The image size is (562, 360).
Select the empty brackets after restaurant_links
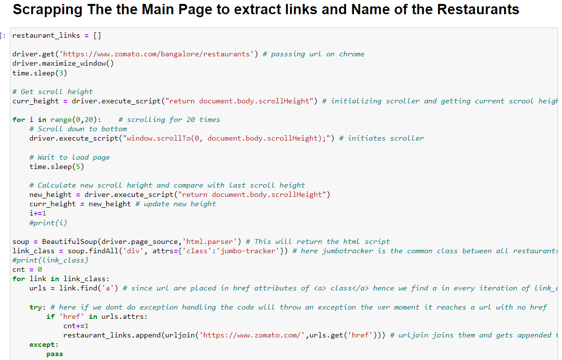pos(97,35)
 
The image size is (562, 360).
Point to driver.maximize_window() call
pos(63,63)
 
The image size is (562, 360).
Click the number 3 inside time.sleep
pos(61,73)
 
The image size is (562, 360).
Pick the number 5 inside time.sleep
pos(78,167)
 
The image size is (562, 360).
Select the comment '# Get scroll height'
pos(52,92)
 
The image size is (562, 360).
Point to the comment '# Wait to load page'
pos(70,157)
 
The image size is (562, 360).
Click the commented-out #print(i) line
pos(48,223)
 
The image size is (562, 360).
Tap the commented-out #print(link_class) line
pos(50,260)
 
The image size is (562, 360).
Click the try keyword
pos(36,307)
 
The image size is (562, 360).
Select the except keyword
pos(42,345)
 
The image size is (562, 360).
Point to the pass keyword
pos(54,354)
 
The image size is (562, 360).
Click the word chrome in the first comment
pos(352,54)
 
